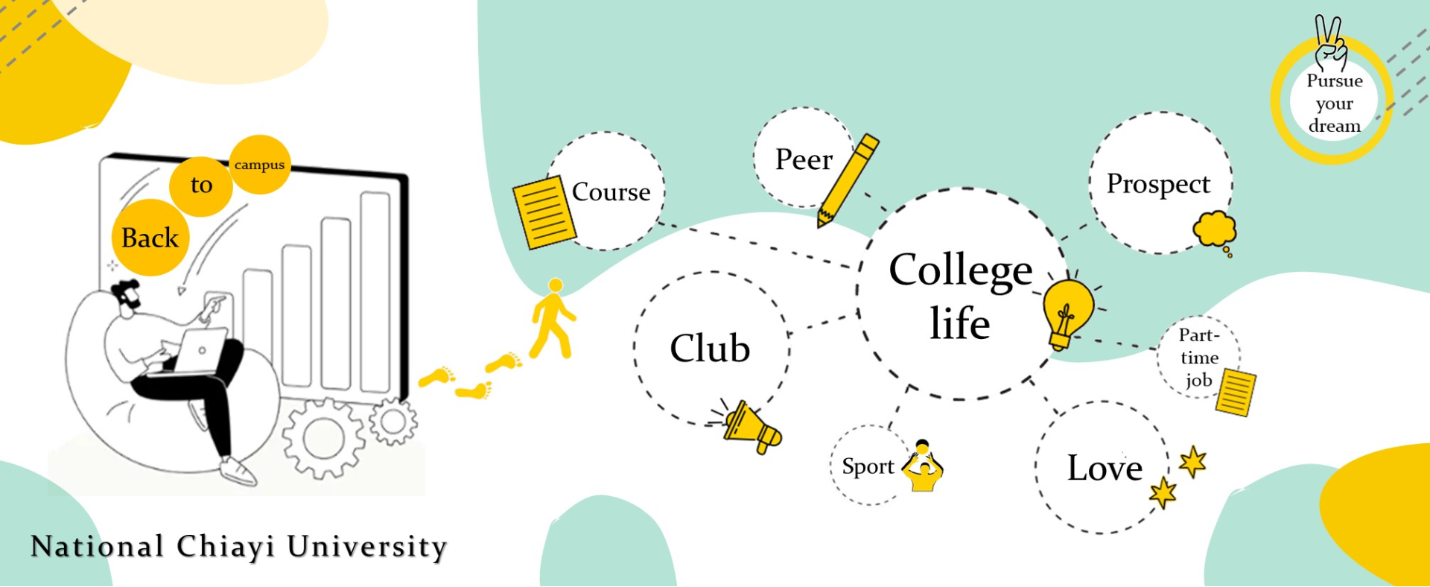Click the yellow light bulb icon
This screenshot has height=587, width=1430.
(x=1067, y=312)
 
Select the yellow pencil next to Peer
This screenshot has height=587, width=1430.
(x=848, y=180)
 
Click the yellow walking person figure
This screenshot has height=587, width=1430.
(x=553, y=319)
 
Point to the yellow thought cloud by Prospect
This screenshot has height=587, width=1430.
(x=1214, y=229)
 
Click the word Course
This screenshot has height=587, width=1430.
(x=611, y=192)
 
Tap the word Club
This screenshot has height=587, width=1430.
(x=710, y=348)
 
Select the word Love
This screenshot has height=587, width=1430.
(x=1105, y=468)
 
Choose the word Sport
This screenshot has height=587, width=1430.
(x=868, y=466)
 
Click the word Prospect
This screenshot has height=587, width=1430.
(x=1158, y=184)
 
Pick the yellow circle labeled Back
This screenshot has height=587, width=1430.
(x=150, y=238)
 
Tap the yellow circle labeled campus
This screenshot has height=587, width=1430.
(x=259, y=165)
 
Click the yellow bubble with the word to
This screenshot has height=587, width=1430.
(x=201, y=185)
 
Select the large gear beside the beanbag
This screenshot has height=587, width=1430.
(x=323, y=438)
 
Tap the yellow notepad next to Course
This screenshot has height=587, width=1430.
(x=544, y=212)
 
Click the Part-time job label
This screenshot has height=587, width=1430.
(x=1198, y=358)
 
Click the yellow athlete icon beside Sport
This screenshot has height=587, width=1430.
(x=923, y=467)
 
